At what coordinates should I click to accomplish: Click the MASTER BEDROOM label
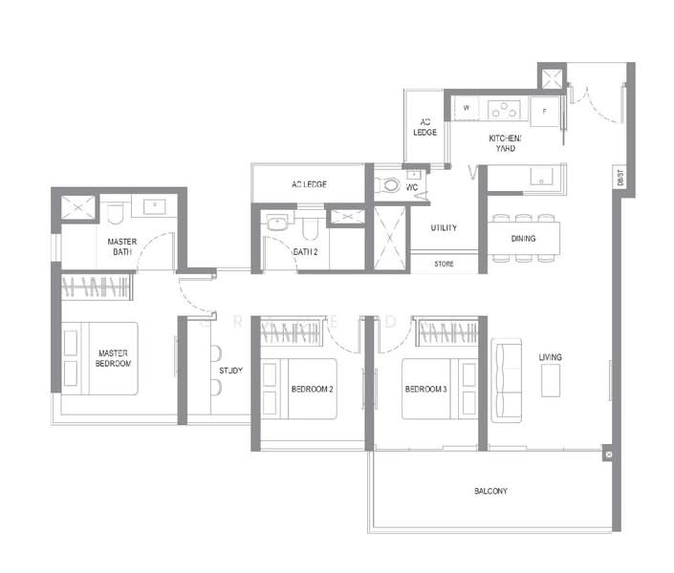[x=113, y=358]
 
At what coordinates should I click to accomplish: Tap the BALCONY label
[x=490, y=491]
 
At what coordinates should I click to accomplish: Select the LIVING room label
[x=550, y=357]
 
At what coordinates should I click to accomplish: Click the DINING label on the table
[x=523, y=239]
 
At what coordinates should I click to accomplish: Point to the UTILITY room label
[x=443, y=228]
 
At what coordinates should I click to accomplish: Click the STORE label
[x=444, y=264]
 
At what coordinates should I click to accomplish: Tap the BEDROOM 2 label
[x=312, y=389]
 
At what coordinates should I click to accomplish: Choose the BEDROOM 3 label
[x=425, y=389]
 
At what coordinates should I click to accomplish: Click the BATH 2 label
[x=305, y=252]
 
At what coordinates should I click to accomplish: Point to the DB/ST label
[x=620, y=178]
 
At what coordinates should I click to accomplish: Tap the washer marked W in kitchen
[x=467, y=109]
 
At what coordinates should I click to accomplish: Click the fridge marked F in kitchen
[x=545, y=111]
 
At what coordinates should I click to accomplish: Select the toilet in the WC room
[x=388, y=183]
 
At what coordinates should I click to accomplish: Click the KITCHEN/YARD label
[x=508, y=143]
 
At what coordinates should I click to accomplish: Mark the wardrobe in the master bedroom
[x=96, y=286]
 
